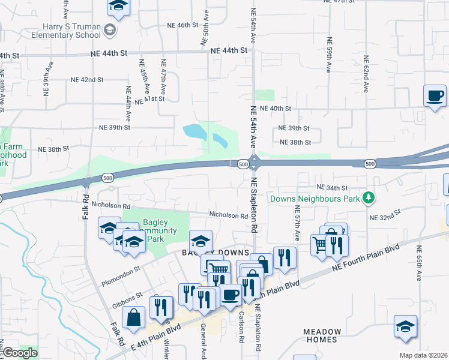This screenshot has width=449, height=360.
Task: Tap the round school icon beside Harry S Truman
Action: tap(110, 29)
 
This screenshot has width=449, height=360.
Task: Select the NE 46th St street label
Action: tap(179, 25)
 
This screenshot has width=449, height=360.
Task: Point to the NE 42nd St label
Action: tap(88, 79)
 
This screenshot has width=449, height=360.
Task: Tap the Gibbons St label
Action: tap(127, 299)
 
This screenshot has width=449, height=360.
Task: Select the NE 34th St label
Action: tap(333, 188)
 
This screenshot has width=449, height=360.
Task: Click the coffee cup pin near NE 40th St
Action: tap(435, 96)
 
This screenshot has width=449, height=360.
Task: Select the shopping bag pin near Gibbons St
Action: tap(135, 317)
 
